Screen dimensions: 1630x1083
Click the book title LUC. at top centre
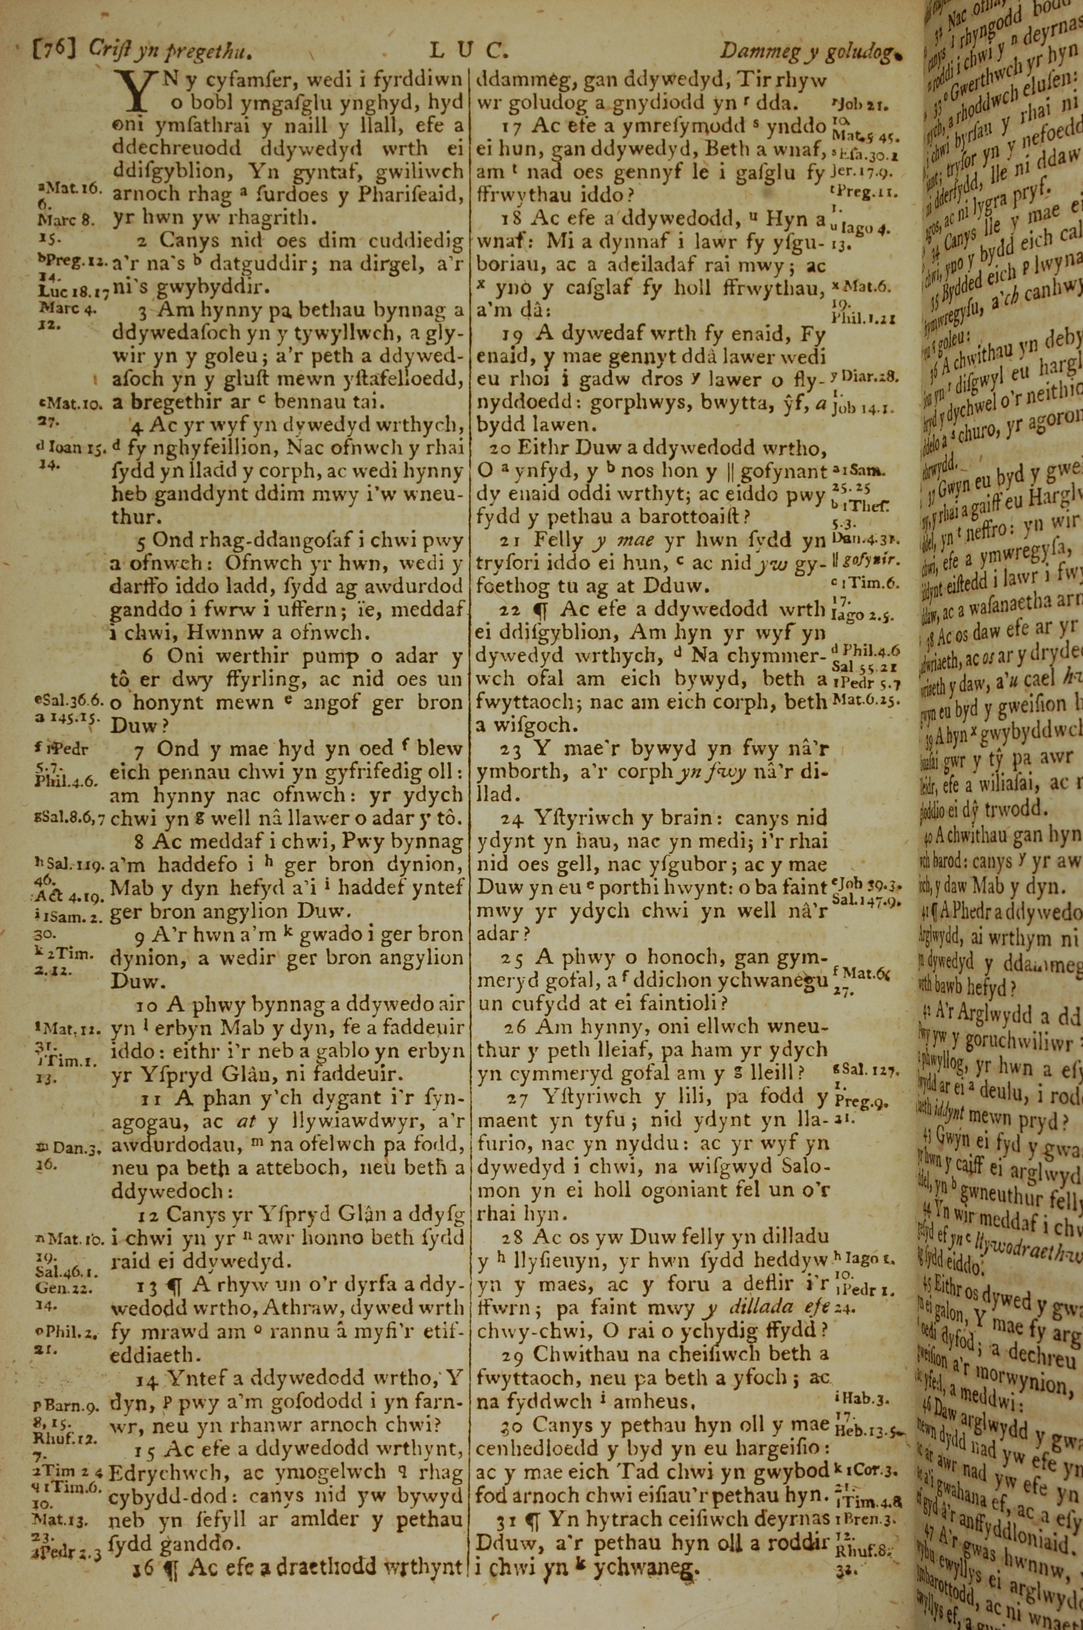pyautogui.click(x=468, y=49)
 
